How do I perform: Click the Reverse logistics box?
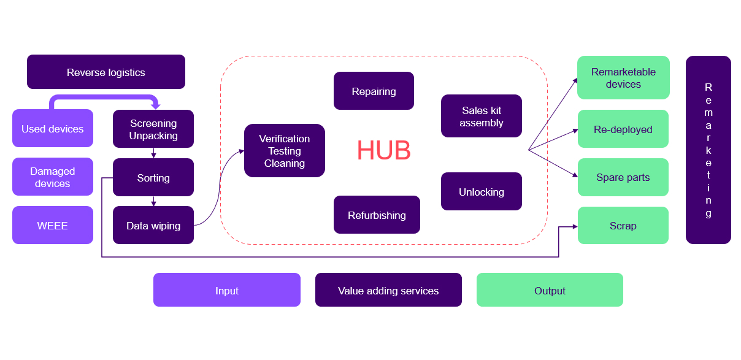coord(106,72)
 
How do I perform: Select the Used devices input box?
coord(53,128)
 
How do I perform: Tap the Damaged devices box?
coord(53,177)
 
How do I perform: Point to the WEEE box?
coord(53,225)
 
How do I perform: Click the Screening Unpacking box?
coord(153,129)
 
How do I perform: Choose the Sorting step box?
coord(153,177)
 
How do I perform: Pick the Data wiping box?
coord(153,225)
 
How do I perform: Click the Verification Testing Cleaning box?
coord(285,150)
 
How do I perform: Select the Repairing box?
coord(374,91)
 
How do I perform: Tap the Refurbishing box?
coord(377,215)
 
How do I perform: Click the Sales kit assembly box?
coord(482,116)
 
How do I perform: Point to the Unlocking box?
coord(482,191)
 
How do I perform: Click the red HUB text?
coord(383,151)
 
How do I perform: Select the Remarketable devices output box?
coord(623,77)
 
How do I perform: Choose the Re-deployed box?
coord(623,129)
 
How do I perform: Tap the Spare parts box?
coord(623,177)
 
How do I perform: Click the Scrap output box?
coord(623,225)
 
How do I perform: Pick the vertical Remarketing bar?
coord(708,150)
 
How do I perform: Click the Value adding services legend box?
coord(388,290)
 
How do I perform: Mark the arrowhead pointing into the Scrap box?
coord(575,226)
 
